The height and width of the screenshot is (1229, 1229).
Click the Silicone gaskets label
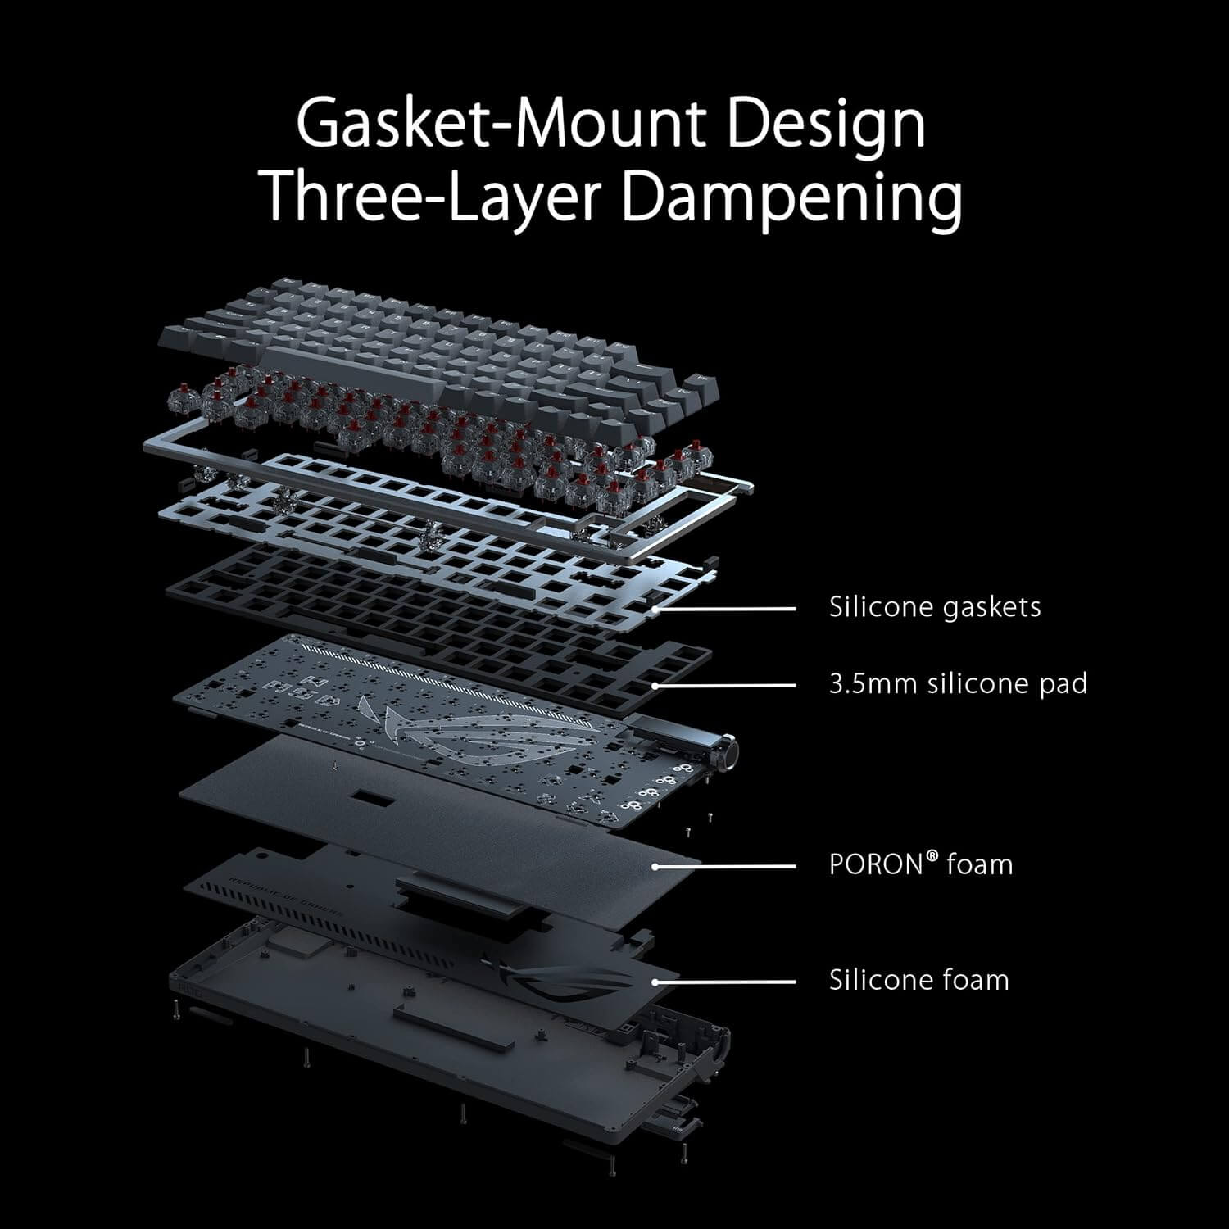[935, 607]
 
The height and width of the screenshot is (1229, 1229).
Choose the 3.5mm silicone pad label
[958, 683]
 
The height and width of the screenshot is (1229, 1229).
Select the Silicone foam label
[918, 980]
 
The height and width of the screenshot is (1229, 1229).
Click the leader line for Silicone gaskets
[725, 609]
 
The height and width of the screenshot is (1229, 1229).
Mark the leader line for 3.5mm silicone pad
[725, 684]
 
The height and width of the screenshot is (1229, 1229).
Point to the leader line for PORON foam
[725, 866]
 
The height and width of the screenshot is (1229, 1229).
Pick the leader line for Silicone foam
[725, 982]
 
